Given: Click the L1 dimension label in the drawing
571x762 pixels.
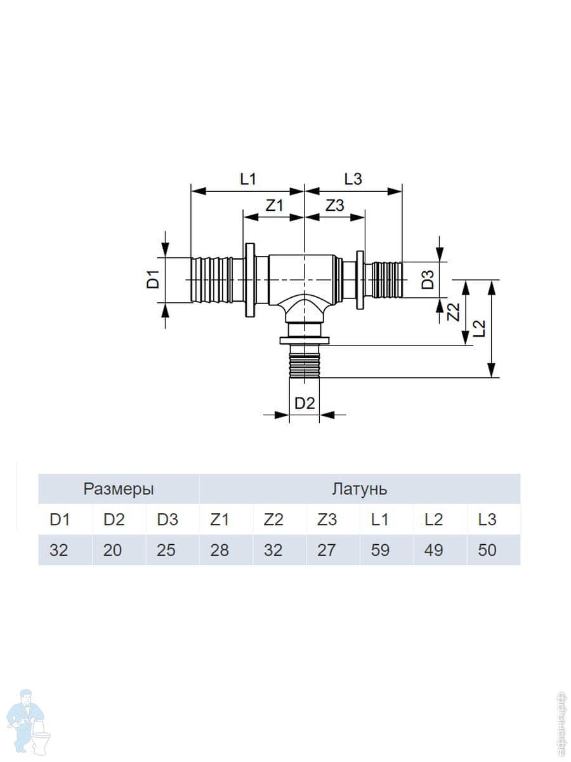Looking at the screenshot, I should click(x=248, y=178).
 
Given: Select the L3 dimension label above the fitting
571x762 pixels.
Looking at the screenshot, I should click(x=353, y=178).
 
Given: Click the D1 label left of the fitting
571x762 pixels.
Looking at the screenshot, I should click(x=154, y=279).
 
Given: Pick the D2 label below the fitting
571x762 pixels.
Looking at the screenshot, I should click(x=305, y=403).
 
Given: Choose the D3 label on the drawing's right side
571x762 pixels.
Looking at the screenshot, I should click(x=429, y=279).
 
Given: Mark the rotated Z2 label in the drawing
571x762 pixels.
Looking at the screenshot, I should click(x=452, y=312).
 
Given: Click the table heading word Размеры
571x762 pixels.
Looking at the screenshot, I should click(x=119, y=489).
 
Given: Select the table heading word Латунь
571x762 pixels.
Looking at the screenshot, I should click(x=359, y=489).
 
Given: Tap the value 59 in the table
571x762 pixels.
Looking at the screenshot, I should click(x=380, y=550).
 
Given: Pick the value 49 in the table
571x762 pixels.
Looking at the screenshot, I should click(x=433, y=550).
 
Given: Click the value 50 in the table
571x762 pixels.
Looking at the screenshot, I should click(x=487, y=550).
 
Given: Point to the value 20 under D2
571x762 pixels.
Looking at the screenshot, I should click(x=112, y=550).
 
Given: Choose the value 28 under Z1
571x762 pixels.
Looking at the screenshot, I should click(x=219, y=550).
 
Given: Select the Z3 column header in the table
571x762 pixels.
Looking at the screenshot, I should click(x=327, y=519).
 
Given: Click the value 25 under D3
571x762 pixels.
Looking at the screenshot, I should click(x=166, y=550).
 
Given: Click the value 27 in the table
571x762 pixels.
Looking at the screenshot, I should click(x=327, y=550).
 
